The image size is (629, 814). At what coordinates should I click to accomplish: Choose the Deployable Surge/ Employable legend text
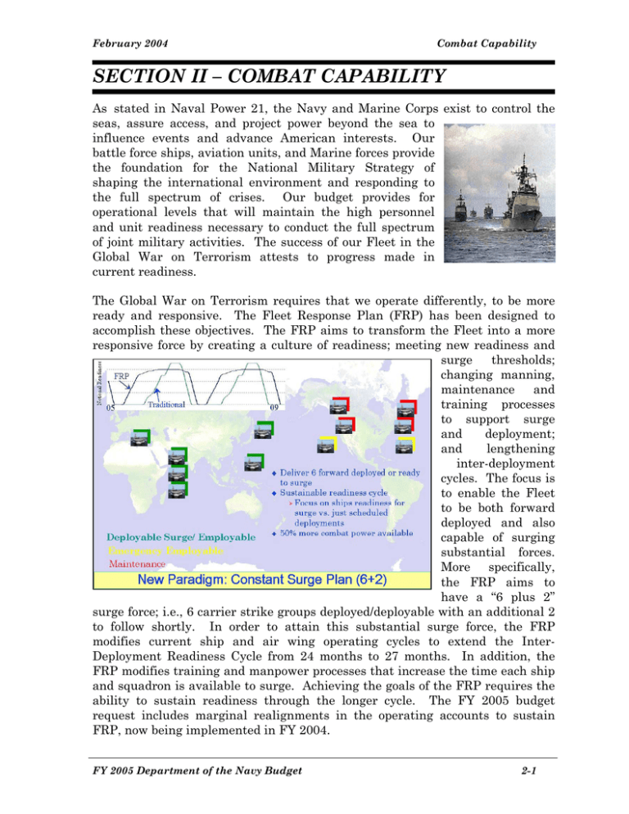click(180, 536)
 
